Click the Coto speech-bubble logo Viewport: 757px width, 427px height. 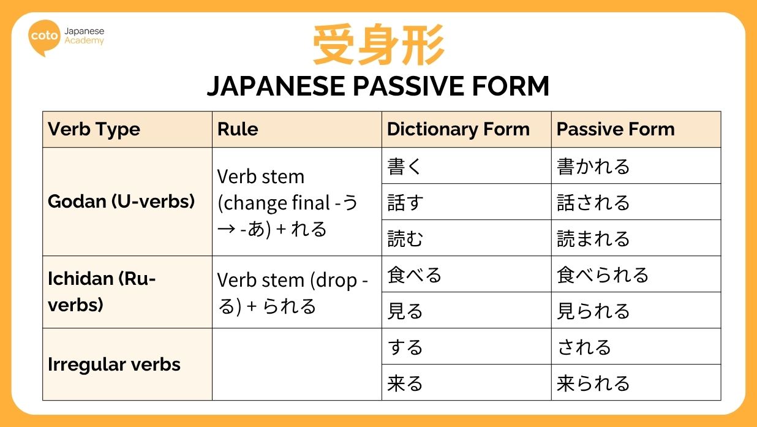45,37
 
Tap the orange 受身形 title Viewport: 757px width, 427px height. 378,45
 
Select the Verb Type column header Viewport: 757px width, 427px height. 94,129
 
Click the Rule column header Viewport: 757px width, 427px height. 238,129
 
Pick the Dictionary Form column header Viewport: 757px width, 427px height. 458,129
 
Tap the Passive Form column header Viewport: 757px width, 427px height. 615,129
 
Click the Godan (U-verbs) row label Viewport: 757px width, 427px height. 121,202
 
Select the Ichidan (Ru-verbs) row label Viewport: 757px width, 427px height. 102,292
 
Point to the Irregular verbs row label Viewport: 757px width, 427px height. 114,365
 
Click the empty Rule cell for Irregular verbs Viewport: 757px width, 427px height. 296,365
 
